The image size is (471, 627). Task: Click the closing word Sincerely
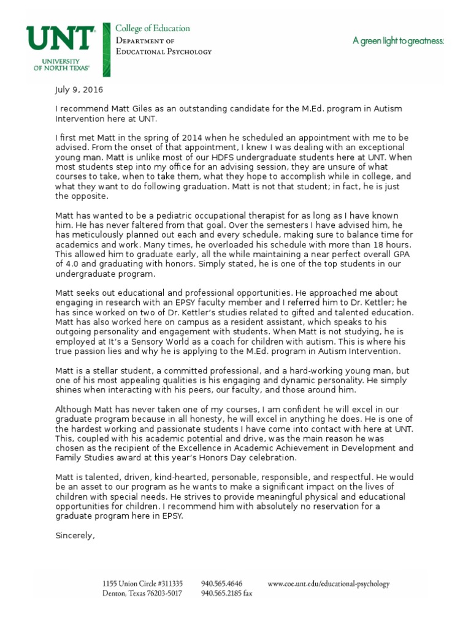[x=75, y=536]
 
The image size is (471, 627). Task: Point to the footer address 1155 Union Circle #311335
[x=143, y=584]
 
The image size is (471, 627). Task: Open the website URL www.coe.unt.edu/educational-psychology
[x=329, y=584]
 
